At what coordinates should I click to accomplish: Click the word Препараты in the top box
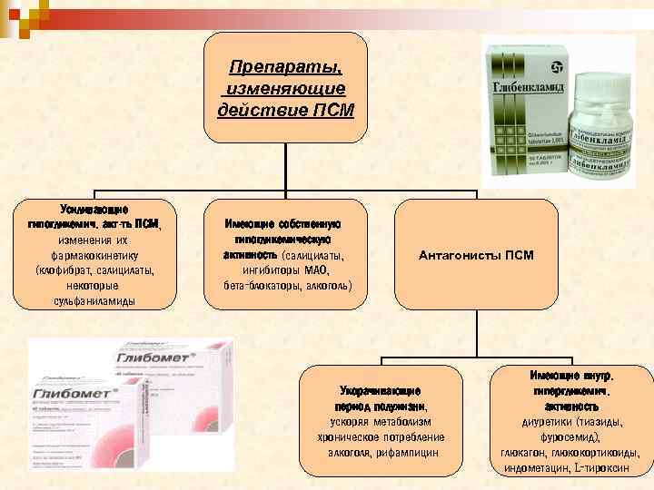(x=283, y=68)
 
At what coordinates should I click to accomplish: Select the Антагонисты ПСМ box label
(x=476, y=255)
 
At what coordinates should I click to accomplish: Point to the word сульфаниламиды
(x=94, y=300)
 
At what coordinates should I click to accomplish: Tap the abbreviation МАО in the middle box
(x=317, y=270)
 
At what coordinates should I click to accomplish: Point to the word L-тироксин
(x=600, y=467)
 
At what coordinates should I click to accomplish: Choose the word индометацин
(x=535, y=467)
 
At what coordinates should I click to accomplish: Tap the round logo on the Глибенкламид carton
(x=554, y=65)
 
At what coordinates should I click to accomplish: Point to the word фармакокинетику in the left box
(x=94, y=255)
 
